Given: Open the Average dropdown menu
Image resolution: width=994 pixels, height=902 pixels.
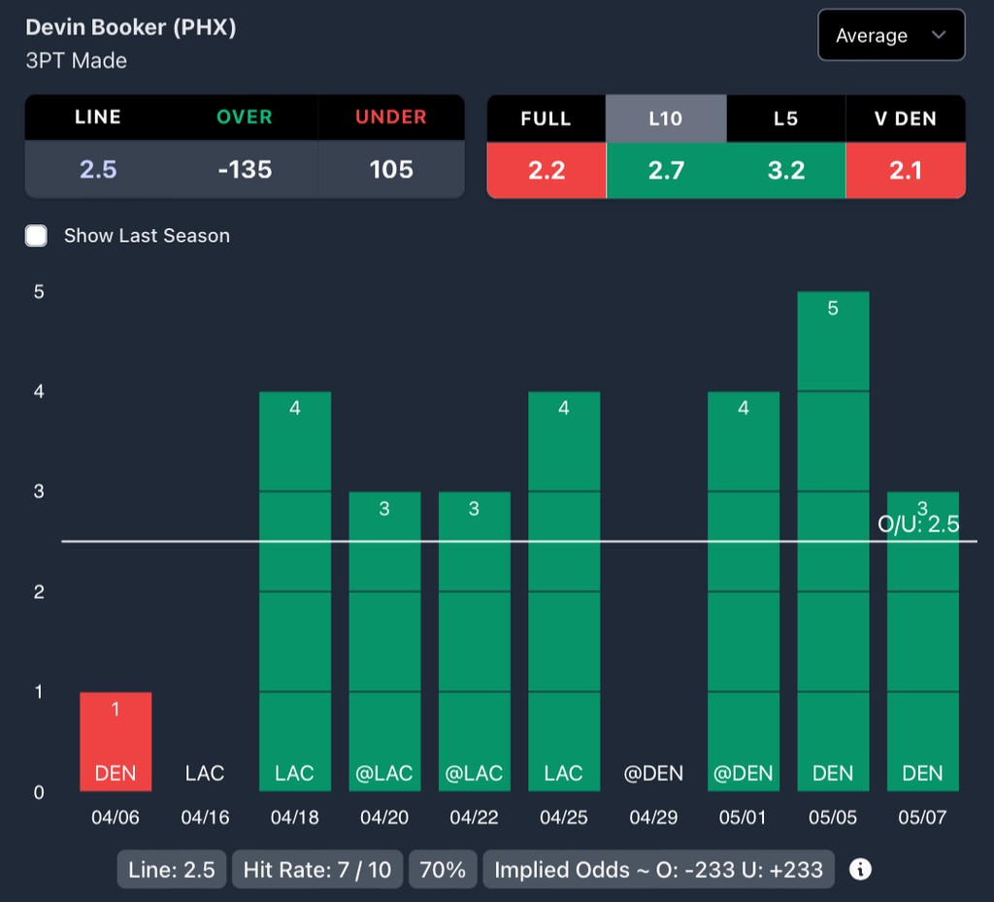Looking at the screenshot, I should point(891,36).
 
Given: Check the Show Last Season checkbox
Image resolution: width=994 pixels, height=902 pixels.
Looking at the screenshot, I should point(37,236).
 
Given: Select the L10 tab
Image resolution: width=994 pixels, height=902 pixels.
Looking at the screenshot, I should point(666,118).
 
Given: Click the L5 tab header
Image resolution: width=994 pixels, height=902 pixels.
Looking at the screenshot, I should point(785,118).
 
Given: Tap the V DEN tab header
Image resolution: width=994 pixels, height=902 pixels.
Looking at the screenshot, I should point(905,118).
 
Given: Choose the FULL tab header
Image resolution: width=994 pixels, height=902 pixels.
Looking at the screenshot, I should point(546,118).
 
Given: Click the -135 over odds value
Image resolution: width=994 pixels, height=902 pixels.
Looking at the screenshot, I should point(245,169).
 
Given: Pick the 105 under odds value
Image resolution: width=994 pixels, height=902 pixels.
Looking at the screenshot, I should point(391,169).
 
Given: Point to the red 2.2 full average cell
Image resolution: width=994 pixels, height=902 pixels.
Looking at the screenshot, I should point(546,171).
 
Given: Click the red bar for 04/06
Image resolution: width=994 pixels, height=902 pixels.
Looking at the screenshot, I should point(116,742).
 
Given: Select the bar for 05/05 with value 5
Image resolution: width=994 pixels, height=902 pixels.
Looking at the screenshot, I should point(833,541).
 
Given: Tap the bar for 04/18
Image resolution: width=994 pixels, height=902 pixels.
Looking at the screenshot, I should point(295,590).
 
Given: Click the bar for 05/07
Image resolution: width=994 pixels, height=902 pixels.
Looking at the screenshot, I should point(922,641).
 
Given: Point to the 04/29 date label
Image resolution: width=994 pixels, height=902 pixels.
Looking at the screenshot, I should point(653,818).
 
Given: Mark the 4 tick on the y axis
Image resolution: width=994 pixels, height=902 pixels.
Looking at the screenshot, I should point(39,391).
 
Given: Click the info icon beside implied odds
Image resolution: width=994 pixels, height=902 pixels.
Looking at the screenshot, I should point(860,869).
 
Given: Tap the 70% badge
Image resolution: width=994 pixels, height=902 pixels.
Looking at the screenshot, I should point(443,870).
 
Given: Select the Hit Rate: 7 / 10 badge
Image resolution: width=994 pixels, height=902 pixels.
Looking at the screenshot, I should point(317,870).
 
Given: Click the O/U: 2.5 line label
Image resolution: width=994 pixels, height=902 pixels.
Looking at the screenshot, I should point(918,524).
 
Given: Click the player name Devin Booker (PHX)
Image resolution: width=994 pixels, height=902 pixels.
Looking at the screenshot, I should point(130,27).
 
